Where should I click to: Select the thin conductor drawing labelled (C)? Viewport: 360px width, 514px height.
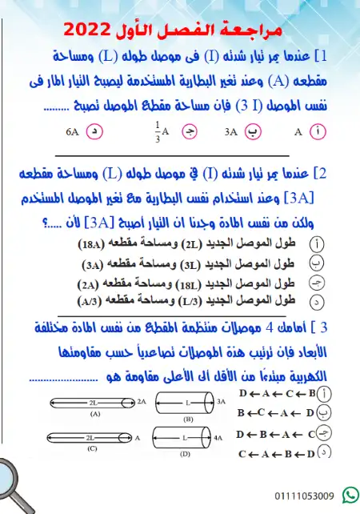(92, 437)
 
